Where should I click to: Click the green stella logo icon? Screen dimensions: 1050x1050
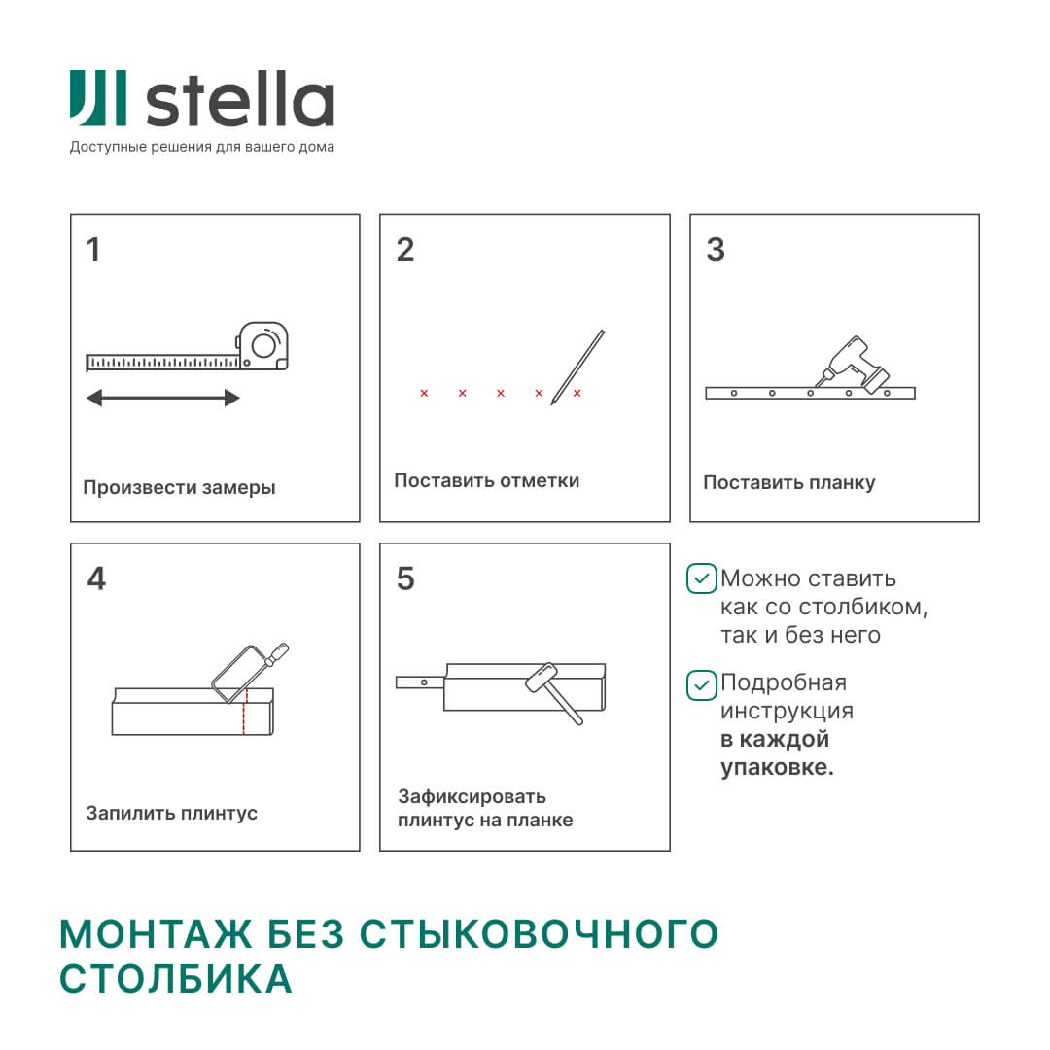click(97, 98)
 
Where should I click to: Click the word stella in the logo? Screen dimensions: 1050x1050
click(239, 101)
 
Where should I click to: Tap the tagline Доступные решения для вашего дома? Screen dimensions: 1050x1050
click(201, 148)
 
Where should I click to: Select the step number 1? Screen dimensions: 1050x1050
click(93, 250)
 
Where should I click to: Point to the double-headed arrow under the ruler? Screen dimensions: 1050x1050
click(163, 398)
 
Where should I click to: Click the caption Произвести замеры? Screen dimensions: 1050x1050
click(179, 488)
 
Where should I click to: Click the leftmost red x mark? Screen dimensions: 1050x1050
click(424, 393)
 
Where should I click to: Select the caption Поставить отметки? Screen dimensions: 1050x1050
click(486, 481)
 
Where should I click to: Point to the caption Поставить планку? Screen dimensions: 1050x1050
click(788, 483)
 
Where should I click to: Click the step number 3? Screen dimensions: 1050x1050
click(716, 250)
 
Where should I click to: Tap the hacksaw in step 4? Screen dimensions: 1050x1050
click(249, 670)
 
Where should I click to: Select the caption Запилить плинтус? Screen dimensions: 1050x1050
click(171, 813)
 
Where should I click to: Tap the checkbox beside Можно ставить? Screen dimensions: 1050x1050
click(701, 578)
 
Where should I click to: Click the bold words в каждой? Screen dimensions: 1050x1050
click(775, 739)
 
